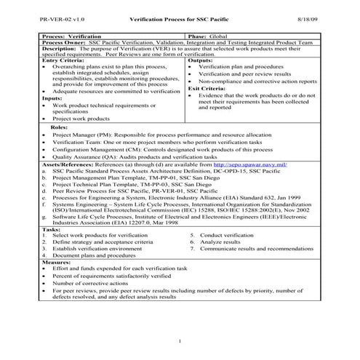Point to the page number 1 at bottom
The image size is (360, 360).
(x=179, y=340)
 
